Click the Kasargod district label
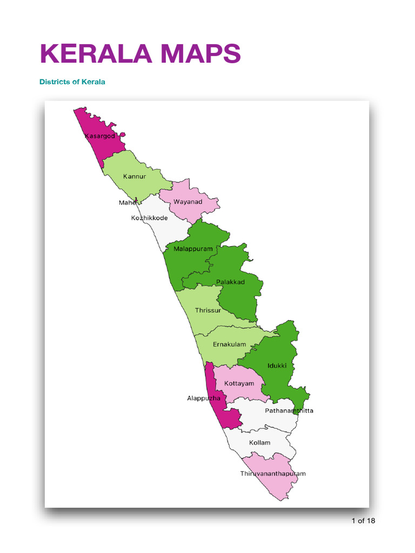coord(99,136)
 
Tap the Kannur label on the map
coord(135,176)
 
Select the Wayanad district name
coord(188,202)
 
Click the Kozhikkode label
coord(149,218)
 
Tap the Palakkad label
coord(230,282)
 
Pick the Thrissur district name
coord(208,311)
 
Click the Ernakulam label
coord(229,344)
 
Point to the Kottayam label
coord(239,383)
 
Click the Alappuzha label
coord(204,399)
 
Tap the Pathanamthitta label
coord(289,411)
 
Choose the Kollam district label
coord(259,443)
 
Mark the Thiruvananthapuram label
coord(273,474)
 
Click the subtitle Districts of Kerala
coord(72,82)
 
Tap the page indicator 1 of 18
coord(363,521)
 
